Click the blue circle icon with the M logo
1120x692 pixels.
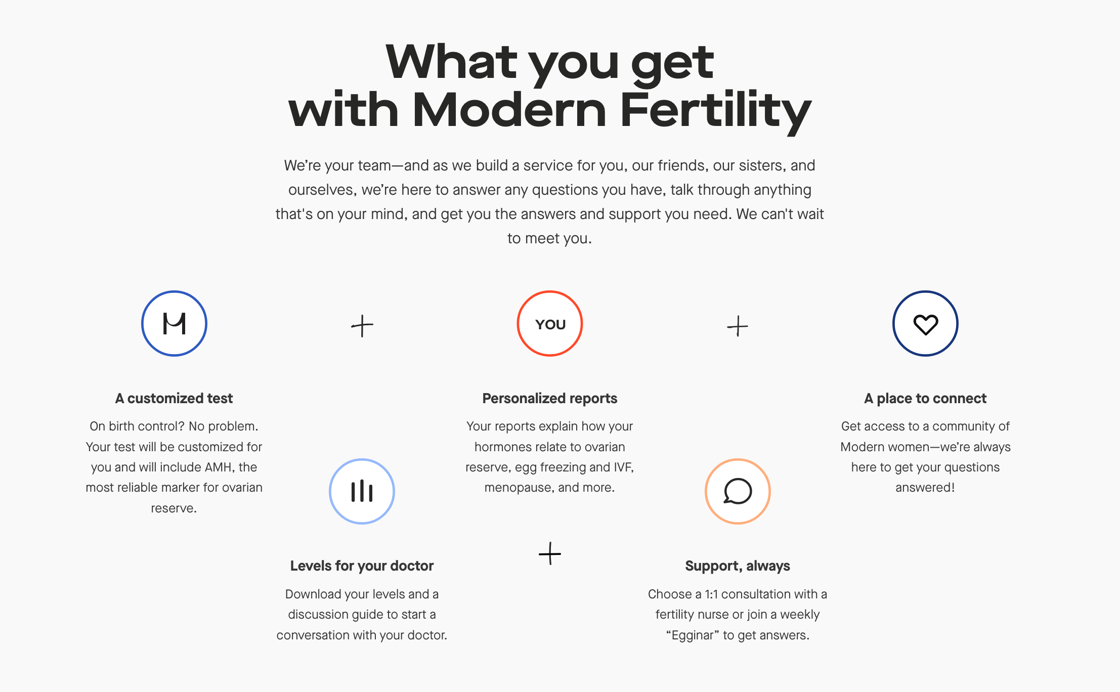point(174,324)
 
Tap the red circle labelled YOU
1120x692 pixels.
point(550,324)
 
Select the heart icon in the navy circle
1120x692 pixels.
point(925,324)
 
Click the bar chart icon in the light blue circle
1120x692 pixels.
point(362,491)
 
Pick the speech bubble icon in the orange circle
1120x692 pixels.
point(738,491)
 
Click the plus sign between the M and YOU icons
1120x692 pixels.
point(362,326)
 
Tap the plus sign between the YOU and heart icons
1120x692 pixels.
point(738,326)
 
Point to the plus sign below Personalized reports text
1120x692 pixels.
point(550,553)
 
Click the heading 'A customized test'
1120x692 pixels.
point(174,399)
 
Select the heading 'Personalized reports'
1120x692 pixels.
point(550,399)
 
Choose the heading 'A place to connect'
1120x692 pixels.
point(925,399)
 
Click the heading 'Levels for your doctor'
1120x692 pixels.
point(362,566)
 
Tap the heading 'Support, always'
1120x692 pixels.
point(738,566)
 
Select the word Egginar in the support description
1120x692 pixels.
point(693,635)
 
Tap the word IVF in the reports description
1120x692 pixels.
point(623,467)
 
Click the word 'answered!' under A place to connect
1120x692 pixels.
point(925,488)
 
